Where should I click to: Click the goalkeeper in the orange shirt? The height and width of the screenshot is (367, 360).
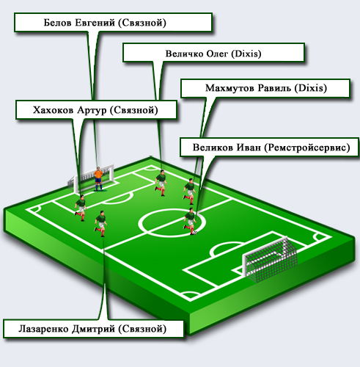click(x=98, y=179)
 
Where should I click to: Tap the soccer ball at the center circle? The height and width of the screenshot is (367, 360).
click(x=195, y=233)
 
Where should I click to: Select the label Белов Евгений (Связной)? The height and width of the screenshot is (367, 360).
click(x=105, y=23)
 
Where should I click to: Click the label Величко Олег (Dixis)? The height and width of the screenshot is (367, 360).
click(x=213, y=54)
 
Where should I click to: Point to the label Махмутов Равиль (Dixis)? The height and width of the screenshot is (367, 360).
click(x=266, y=88)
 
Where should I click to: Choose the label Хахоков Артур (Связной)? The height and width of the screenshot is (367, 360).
click(x=95, y=110)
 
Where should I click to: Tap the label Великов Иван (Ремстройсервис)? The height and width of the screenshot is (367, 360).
click(x=271, y=148)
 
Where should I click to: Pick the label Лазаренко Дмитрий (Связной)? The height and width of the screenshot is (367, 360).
click(x=92, y=329)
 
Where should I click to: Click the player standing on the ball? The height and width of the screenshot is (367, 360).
click(x=190, y=221)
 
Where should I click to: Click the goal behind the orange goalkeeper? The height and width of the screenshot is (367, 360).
click(x=91, y=178)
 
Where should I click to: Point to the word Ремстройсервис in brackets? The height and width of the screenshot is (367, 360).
click(x=307, y=148)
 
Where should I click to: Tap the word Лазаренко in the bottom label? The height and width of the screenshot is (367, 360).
click(x=43, y=329)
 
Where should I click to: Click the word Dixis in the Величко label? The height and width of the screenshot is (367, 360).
click(x=246, y=54)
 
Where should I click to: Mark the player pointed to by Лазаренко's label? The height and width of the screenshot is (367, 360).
click(x=100, y=224)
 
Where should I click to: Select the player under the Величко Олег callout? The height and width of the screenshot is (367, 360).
click(x=161, y=183)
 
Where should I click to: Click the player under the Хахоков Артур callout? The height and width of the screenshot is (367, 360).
click(x=81, y=208)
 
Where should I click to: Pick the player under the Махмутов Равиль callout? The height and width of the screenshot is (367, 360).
click(x=189, y=192)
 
